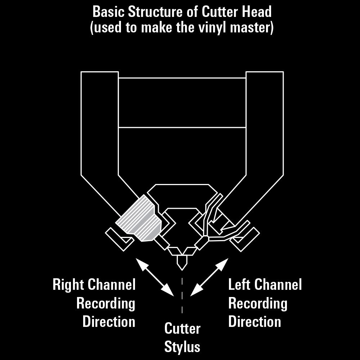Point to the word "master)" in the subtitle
point(252,28)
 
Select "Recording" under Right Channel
point(106,304)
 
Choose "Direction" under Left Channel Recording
point(255,321)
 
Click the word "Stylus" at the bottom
point(182,347)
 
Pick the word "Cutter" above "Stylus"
point(183,328)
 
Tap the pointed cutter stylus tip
point(182,270)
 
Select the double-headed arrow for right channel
point(155,277)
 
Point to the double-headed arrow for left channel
point(209,277)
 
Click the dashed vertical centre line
point(182,296)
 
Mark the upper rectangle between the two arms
point(182,103)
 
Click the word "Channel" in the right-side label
point(278,284)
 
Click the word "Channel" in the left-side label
point(112,284)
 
